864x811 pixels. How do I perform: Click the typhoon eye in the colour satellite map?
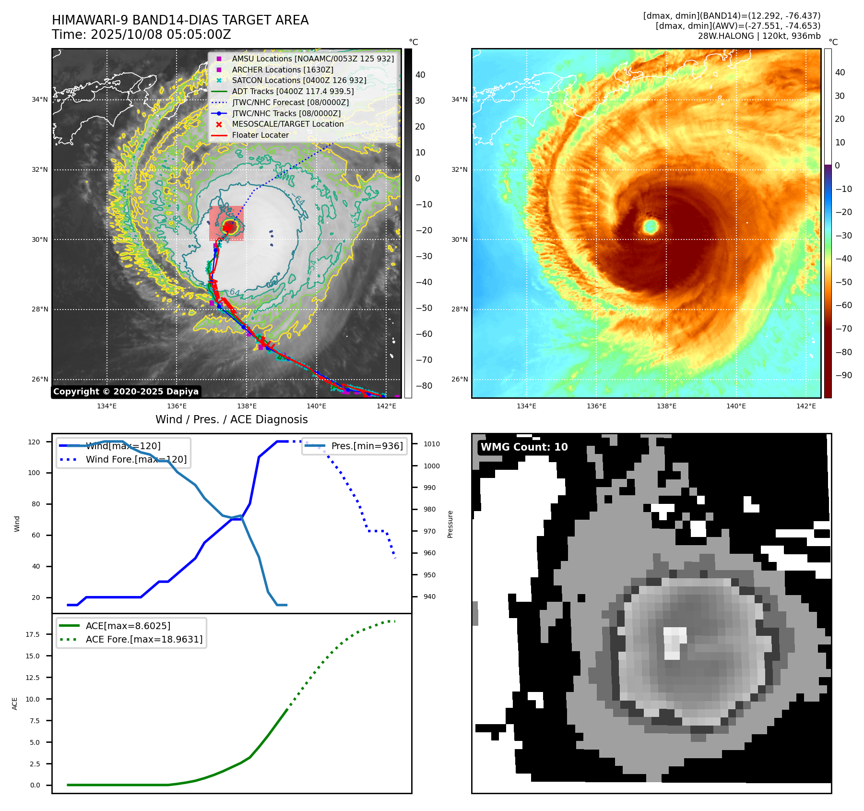click(651, 226)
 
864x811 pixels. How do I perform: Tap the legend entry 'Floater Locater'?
click(260, 135)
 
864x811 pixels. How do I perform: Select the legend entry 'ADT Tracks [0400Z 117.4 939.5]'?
click(293, 92)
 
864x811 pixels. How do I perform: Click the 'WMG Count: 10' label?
click(524, 447)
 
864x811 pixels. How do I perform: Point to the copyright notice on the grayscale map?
click(126, 392)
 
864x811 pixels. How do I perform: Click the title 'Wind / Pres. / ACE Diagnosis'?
click(231, 420)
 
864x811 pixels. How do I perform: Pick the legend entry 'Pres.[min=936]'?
click(367, 446)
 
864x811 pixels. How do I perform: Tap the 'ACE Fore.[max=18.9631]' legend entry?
click(144, 640)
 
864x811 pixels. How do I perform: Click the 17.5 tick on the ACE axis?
click(33, 634)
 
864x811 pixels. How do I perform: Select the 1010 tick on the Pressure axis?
click(431, 444)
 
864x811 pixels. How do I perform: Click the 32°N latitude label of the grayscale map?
click(40, 170)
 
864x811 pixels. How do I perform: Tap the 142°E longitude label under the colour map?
click(806, 406)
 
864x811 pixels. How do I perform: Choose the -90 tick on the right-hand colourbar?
click(843, 375)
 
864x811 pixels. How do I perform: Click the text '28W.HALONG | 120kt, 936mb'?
click(759, 36)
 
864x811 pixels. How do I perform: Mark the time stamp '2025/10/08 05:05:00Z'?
click(161, 35)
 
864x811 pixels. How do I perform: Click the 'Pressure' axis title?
click(450, 524)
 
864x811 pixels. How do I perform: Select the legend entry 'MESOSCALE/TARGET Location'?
click(288, 124)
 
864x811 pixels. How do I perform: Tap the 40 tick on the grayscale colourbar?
click(420, 75)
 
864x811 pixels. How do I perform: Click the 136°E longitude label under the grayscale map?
click(177, 406)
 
